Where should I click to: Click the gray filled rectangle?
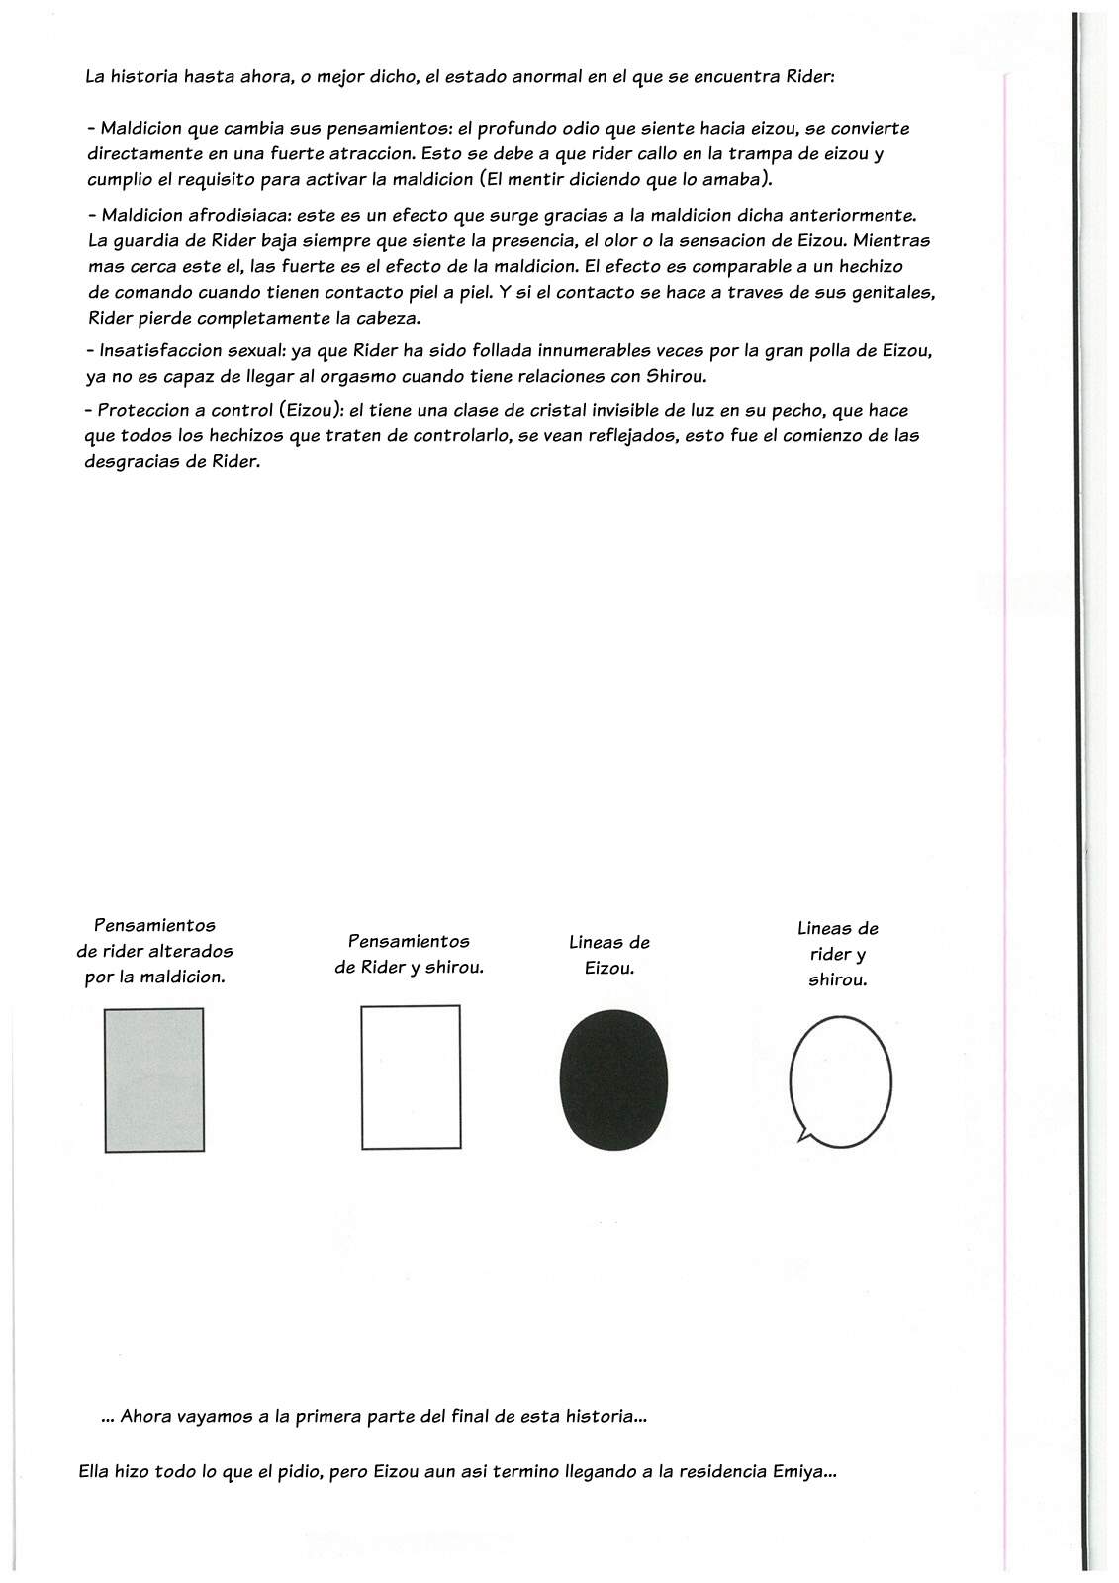[154, 1079]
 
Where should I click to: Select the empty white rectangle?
[411, 1076]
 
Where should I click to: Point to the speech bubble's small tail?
[803, 1136]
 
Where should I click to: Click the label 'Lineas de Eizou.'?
[609, 955]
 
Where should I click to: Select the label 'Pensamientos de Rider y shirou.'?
[409, 954]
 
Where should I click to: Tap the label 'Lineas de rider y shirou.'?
[837, 954]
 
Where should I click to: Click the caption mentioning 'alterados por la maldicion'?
[154, 951]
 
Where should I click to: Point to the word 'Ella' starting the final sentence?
[96, 1471]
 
